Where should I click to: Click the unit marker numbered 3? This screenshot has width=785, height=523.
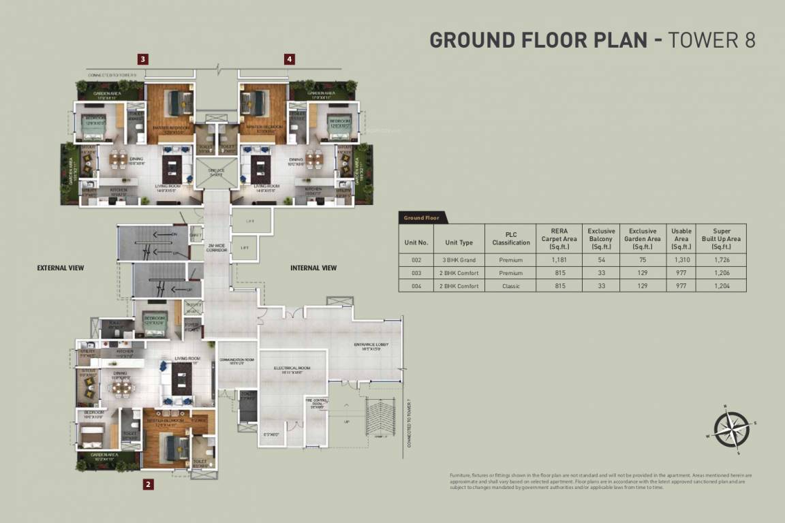142,59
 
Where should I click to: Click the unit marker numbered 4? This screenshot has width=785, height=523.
290,59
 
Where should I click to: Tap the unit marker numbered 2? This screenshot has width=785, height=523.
148,485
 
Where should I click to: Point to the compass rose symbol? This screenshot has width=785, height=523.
731,429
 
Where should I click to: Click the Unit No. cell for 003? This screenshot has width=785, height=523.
416,273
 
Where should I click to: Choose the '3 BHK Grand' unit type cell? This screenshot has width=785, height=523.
459,260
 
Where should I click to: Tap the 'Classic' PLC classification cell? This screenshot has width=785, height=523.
510,286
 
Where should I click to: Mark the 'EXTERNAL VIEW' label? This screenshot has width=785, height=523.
61,268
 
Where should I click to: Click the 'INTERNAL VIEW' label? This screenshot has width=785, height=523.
313,268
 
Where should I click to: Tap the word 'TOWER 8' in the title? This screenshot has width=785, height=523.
711,40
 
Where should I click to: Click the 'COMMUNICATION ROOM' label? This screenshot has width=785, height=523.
236,362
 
